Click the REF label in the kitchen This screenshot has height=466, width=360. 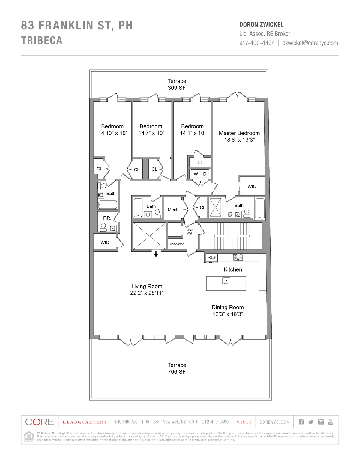212,257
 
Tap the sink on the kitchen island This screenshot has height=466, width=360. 226,281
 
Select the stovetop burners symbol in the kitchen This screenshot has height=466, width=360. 238,257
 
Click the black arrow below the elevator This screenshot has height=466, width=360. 156,254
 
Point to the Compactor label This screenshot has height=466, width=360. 177,244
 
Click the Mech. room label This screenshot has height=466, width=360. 174,210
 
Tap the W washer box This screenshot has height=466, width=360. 196,174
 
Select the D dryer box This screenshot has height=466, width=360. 205,174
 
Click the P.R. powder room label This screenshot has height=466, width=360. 107,218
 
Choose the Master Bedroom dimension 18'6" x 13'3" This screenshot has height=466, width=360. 239,140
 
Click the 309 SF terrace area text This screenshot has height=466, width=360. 177,88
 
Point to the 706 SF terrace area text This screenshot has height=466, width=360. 177,372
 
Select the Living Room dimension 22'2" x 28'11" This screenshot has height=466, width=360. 147,293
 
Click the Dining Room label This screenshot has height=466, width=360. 228,307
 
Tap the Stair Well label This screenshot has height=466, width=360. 190,232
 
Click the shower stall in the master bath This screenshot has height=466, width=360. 215,207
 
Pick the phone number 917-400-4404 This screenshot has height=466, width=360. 257,43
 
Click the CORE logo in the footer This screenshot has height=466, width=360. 40,422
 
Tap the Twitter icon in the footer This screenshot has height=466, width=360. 311,422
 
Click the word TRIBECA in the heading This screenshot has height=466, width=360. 42,40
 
